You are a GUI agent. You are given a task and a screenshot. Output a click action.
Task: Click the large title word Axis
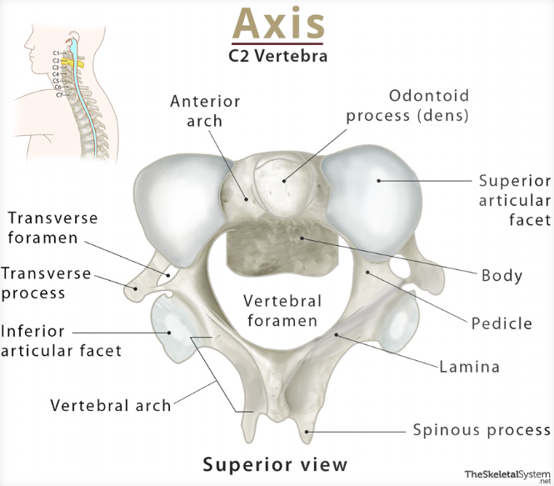click(x=277, y=24)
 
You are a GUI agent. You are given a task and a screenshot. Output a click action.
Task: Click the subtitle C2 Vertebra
click(x=277, y=58)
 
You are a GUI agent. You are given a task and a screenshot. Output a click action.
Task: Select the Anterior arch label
click(x=205, y=111)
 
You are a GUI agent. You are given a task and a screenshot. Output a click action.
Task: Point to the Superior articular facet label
click(x=514, y=200)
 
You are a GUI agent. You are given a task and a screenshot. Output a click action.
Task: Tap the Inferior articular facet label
click(x=60, y=341)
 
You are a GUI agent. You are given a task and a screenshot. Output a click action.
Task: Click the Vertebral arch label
click(x=111, y=406)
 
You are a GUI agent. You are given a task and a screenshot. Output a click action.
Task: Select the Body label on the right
click(x=502, y=275)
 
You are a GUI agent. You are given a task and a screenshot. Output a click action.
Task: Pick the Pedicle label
click(x=502, y=323)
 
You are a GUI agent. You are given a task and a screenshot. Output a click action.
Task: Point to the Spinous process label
click(x=482, y=430)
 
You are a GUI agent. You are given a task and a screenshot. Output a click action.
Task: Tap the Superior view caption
click(x=276, y=463)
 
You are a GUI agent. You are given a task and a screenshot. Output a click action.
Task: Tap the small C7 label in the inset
click(x=59, y=95)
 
